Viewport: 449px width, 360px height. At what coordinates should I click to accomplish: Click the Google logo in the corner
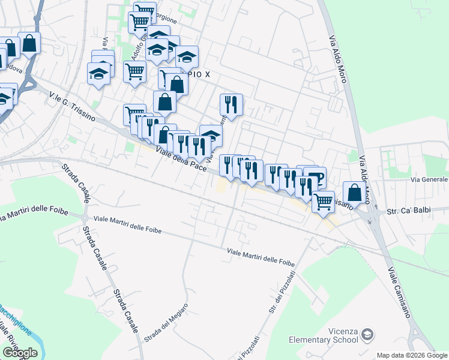point(20,353)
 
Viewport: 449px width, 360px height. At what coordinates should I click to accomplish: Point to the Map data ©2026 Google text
point(411,355)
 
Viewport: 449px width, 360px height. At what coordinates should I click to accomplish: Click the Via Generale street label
point(429,179)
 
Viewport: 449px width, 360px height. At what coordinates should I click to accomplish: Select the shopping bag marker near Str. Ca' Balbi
point(355,193)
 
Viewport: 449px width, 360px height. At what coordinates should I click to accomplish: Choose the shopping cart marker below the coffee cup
point(324,202)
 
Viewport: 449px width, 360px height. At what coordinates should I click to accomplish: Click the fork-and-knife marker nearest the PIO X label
point(231,105)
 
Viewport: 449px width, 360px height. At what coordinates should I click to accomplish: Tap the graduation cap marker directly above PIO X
point(187,56)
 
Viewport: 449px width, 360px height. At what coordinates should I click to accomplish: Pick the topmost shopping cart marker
point(145,11)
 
